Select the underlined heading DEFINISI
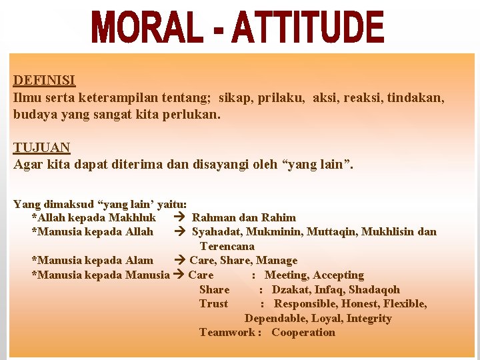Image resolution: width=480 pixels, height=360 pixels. point(44,81)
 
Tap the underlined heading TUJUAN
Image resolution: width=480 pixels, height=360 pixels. point(42,147)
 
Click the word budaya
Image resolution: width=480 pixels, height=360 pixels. point(31,114)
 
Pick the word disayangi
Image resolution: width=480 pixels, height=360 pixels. point(223,164)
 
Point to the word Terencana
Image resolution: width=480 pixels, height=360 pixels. point(227,246)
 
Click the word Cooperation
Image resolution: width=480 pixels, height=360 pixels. point(303,332)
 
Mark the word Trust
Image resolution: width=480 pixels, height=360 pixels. point(213,303)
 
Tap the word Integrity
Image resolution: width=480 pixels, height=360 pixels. point(369,318)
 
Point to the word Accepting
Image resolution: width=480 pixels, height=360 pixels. point(339,275)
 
